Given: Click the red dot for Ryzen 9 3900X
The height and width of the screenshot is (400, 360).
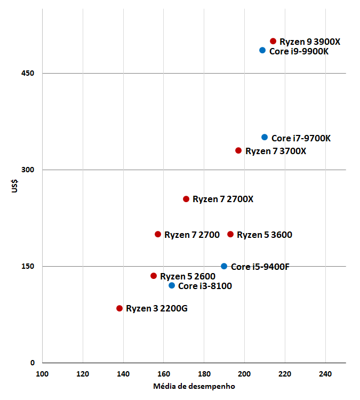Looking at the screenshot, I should click(x=273, y=41).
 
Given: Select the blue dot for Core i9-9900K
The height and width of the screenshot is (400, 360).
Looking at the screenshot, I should click(x=262, y=50).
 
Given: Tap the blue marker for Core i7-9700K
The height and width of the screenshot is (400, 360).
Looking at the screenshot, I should click(x=265, y=137).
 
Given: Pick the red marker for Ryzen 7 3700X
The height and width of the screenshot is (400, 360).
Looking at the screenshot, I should click(x=238, y=150).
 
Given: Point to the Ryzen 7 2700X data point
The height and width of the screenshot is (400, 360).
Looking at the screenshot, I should click(x=186, y=199).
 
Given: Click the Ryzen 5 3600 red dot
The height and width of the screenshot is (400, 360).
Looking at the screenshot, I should click(x=230, y=234).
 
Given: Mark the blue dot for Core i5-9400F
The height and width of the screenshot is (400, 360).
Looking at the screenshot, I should click(x=224, y=266).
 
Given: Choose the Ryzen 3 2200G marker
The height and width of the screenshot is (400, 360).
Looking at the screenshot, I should click(x=119, y=308).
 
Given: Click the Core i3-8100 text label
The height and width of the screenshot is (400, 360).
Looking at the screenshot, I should click(x=205, y=286).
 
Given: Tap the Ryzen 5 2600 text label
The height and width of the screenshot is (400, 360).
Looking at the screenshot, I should click(x=188, y=276).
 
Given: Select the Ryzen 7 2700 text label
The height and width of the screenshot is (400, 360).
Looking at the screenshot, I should click(x=192, y=235).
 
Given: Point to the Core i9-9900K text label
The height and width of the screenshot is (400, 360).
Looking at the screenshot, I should click(x=299, y=51).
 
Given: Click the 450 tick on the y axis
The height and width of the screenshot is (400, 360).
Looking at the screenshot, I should click(x=29, y=73).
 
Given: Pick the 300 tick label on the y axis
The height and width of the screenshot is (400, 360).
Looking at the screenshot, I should click(x=29, y=170).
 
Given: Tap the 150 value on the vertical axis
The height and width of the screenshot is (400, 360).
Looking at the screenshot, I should click(x=29, y=266).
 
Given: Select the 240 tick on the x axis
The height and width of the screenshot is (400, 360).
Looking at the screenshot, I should click(x=325, y=373).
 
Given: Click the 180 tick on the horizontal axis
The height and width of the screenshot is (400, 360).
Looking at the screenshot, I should click(x=204, y=373).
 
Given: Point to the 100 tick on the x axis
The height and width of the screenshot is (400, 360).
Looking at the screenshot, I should click(x=42, y=373).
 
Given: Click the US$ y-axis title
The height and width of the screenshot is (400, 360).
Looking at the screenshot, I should click(x=15, y=188).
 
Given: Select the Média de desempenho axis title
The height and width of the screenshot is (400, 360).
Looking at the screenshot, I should click(x=194, y=386).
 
